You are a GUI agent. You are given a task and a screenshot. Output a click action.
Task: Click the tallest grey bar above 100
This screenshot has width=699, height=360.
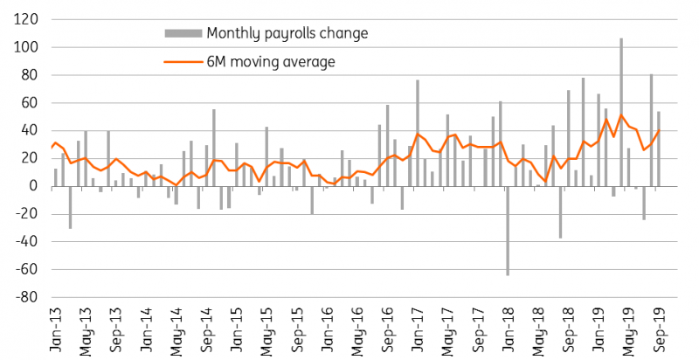(621, 112)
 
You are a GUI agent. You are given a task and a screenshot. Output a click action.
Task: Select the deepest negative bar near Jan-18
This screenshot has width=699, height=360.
(508, 231)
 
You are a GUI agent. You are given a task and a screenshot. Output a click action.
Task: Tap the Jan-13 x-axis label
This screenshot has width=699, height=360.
(57, 329)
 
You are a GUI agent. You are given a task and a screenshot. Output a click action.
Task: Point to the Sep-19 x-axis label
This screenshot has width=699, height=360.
(659, 329)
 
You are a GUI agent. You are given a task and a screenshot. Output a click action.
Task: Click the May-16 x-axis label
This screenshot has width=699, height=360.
(357, 329)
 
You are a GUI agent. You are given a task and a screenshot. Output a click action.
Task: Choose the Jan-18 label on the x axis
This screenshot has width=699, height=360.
(509, 329)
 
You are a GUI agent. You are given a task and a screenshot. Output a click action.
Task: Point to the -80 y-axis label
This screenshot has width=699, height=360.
(26, 297)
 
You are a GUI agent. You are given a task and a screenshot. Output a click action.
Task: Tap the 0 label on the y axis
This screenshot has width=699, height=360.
(34, 186)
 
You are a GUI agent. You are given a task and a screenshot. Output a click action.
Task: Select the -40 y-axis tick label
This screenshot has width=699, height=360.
(26, 242)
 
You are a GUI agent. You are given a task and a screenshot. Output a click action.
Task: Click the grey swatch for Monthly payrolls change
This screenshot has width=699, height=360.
(183, 33)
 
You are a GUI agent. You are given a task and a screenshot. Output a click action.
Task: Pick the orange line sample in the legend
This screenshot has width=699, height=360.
(183, 61)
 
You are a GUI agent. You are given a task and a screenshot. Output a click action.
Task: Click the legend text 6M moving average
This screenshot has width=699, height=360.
(271, 61)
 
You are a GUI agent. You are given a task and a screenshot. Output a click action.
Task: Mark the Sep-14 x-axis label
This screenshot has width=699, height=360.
(207, 329)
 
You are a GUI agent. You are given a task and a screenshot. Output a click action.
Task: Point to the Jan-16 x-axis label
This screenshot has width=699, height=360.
(328, 329)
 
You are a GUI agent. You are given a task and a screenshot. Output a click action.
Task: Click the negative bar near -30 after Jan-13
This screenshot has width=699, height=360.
(70, 208)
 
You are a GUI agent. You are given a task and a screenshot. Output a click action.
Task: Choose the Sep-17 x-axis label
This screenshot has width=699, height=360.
(478, 329)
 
